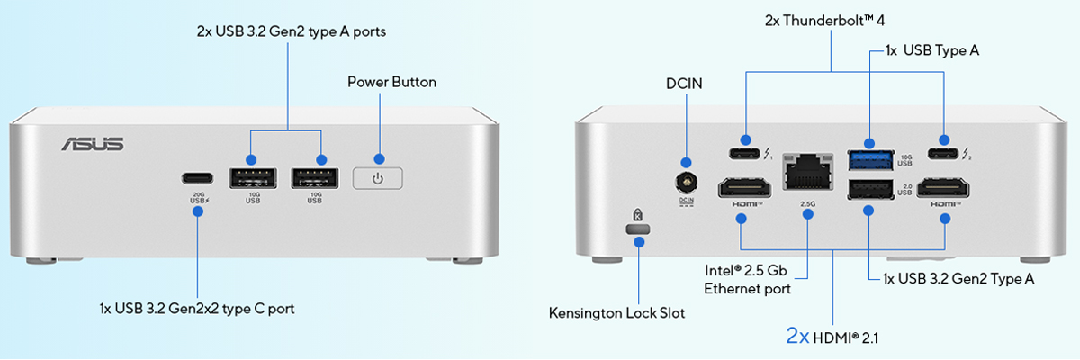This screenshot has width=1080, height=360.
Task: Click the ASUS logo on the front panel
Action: click(92, 145)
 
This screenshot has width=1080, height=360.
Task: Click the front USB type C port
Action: click(198, 178)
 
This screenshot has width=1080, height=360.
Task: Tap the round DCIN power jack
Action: click(687, 183)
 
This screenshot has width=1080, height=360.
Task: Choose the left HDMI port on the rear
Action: click(743, 188)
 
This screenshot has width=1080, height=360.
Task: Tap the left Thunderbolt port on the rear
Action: click(745, 140)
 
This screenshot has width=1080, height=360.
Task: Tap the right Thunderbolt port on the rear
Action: click(943, 140)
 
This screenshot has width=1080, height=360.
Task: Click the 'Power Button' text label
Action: click(391, 82)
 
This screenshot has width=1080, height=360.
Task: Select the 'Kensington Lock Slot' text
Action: click(616, 313)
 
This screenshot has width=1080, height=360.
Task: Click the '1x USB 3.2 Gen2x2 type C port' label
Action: click(197, 308)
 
